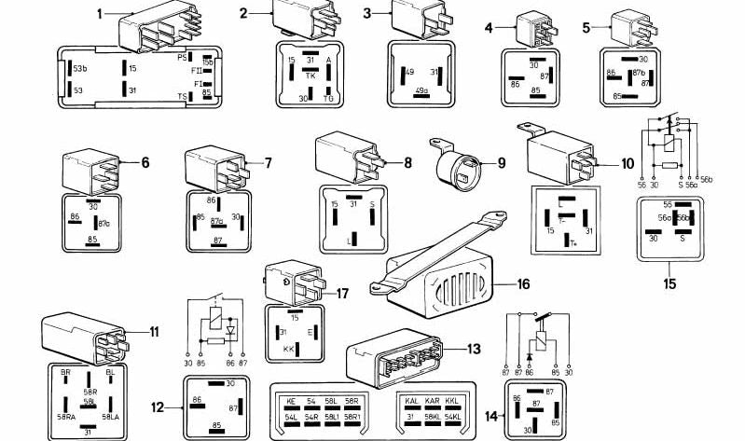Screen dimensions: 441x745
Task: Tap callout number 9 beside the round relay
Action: click(501, 163)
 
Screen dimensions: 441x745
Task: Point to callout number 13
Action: click(474, 350)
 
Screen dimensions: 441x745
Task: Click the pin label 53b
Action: click(81, 69)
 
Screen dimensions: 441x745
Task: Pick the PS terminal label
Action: click(183, 57)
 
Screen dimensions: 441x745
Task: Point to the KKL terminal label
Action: click(455, 399)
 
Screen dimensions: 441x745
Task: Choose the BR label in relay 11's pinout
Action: click(66, 371)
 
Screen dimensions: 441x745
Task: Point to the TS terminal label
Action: click(182, 97)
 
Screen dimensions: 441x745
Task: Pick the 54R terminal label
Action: click(311, 416)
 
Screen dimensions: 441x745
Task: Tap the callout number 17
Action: click(341, 294)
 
